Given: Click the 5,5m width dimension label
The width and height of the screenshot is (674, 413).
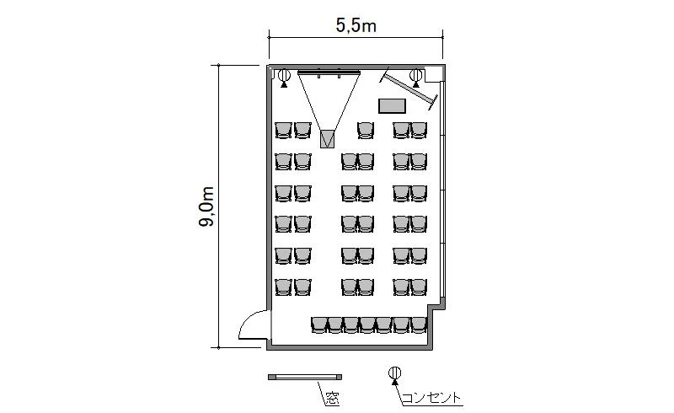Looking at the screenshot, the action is point(356,26).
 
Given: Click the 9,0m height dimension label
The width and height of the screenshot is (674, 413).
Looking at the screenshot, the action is point(206,206).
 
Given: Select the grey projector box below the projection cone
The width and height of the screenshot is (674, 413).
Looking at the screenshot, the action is point(328,138).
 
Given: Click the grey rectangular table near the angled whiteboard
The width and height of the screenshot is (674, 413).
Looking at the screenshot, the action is point(392,106).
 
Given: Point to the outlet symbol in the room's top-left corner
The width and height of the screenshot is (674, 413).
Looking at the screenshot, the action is point(284,78).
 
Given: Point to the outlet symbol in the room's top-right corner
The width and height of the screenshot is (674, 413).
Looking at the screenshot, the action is point(415,78).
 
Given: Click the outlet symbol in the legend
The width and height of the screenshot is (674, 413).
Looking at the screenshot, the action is point(394,375).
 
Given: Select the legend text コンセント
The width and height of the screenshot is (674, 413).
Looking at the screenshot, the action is point(431,398).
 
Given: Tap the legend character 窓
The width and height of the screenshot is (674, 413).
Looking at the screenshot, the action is point(332,398).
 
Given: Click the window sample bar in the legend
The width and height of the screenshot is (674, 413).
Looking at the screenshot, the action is point(305,377).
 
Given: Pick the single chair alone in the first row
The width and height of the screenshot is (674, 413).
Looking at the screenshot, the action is point(366,130).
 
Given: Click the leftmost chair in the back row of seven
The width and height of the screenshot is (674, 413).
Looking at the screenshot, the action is point(318,325).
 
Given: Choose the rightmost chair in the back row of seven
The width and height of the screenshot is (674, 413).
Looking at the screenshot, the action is point(419,325).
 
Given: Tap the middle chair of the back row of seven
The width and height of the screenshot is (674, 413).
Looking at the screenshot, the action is point(368,325).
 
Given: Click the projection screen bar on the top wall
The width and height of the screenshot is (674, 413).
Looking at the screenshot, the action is point(329,72).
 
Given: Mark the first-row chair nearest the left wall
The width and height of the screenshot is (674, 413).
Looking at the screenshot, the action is point(283,130).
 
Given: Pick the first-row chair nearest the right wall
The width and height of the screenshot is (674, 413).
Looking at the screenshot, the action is point(419,130).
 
